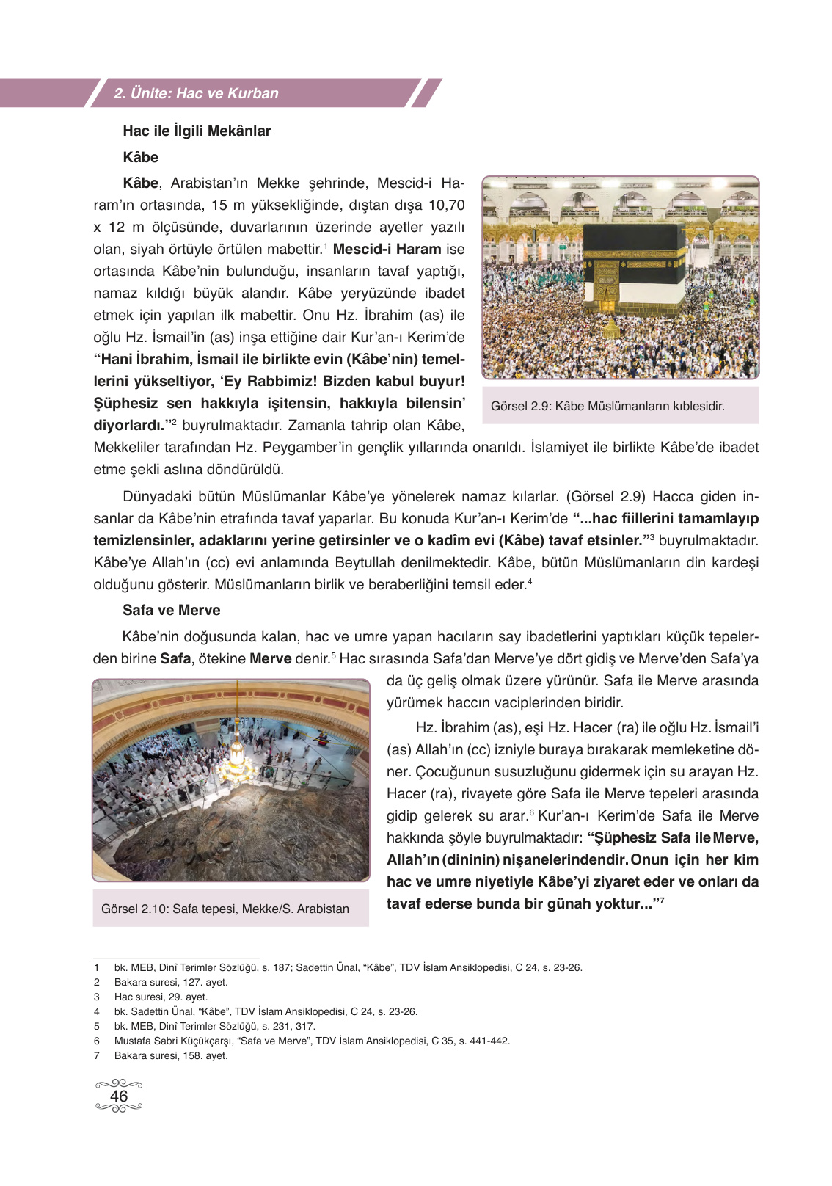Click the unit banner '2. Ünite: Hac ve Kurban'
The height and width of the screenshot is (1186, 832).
197,93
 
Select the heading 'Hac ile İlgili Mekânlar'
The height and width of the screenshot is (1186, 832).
197,131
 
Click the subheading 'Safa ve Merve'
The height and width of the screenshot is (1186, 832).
171,610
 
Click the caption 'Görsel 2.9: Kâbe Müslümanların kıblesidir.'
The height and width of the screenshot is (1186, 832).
607,406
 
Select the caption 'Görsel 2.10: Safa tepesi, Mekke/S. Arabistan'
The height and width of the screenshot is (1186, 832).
225,909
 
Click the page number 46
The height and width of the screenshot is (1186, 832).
119,1096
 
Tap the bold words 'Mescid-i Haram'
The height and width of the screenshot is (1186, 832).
387,249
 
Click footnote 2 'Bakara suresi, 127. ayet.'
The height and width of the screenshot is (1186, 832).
171,982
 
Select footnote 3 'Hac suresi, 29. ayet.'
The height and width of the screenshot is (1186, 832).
161,997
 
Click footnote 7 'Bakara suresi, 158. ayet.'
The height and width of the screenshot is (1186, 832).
171,1055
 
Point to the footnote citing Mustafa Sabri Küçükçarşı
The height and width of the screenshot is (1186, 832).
312,1041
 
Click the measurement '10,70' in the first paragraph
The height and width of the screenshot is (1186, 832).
446,205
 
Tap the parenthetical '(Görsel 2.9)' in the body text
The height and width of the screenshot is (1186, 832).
605,496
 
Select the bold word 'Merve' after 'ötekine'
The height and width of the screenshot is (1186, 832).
271,658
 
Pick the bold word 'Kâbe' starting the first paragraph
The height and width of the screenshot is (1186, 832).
141,183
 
